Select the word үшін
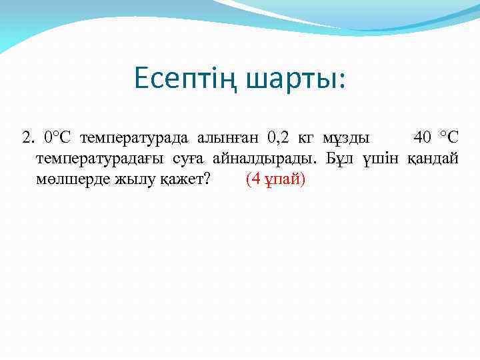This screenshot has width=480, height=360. coord(381,159)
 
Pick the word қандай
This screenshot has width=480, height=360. coord(432,159)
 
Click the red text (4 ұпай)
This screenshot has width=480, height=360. coord(275,179)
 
